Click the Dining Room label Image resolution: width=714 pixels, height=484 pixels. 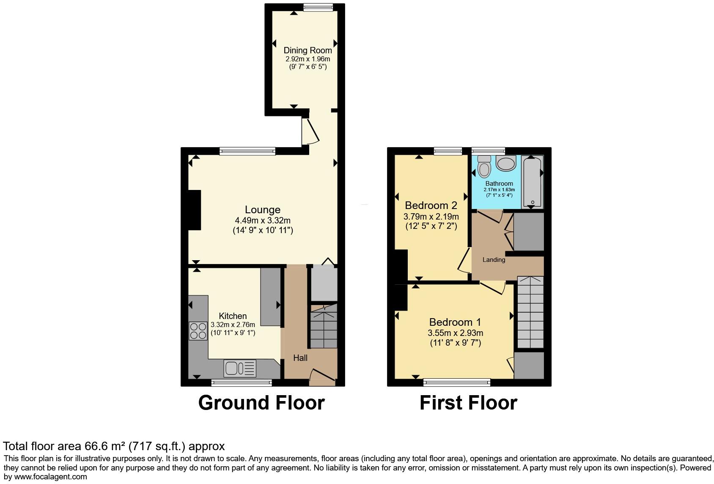click(x=308, y=50)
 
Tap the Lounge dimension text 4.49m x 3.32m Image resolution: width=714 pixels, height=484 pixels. click(x=263, y=220)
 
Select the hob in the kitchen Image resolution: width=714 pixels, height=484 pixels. click(x=198, y=331)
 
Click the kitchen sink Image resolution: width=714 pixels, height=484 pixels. click(x=240, y=368)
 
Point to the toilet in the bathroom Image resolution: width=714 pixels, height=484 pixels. click(x=484, y=166)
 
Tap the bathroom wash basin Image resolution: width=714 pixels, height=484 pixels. click(x=506, y=163)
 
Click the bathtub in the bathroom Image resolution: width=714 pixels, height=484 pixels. click(x=532, y=182)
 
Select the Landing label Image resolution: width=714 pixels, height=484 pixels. click(x=494, y=260)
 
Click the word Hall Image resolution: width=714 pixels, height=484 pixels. click(x=300, y=358)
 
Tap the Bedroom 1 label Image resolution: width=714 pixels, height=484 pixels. click(x=455, y=322)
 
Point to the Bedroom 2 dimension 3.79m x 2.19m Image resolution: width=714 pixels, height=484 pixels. click(x=431, y=217)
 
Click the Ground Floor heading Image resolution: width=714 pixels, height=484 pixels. click(x=261, y=403)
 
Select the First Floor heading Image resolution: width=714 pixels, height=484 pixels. click(x=468, y=403)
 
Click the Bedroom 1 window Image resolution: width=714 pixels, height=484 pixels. click(x=457, y=382)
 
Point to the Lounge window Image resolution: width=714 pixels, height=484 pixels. click(x=247, y=151)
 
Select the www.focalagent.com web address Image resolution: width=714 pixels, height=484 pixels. click(x=50, y=477)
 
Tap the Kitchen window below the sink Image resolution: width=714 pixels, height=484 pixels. click(x=242, y=382)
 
